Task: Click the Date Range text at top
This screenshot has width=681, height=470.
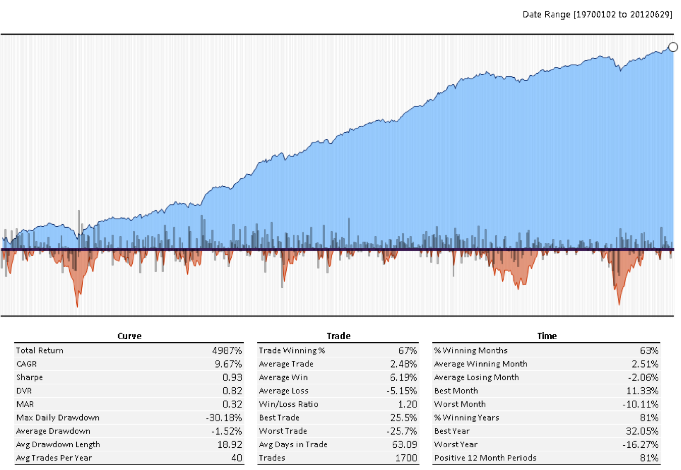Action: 597,15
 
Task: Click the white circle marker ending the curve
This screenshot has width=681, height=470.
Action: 673,47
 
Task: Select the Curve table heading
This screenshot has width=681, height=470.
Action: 129,336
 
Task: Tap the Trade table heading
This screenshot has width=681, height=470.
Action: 338,336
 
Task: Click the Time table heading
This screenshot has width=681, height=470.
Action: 547,336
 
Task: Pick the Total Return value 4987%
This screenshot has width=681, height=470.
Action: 227,350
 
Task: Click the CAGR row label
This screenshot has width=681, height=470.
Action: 26,364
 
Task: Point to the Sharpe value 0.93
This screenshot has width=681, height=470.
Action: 232,378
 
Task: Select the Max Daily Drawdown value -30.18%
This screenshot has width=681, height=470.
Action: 224,418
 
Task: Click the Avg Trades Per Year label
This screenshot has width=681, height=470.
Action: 54,458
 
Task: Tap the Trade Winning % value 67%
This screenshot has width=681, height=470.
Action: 407,350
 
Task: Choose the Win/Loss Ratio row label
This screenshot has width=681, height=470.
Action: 288,404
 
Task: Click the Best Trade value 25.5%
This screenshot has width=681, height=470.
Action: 403,418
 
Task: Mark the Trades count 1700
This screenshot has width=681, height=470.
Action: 406,458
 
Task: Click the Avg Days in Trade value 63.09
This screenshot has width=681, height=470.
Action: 404,445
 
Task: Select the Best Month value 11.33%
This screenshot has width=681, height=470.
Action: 642,391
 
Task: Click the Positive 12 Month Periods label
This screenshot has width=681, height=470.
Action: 485,458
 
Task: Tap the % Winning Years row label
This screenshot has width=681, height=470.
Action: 466,418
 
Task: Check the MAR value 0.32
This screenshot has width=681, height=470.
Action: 232,404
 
